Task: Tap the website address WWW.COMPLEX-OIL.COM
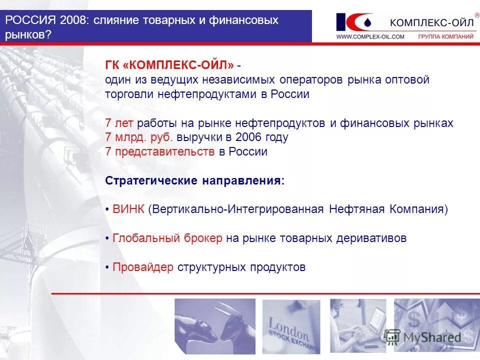(370, 36)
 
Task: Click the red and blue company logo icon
(354, 22)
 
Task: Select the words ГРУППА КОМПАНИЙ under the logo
(445, 36)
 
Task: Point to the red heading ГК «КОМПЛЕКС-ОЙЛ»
(169, 65)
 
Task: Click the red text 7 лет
(119, 123)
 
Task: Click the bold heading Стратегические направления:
(194, 180)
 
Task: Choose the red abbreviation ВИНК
(128, 209)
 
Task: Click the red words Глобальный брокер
(167, 238)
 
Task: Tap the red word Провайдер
(143, 267)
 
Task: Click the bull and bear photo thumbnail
(215, 325)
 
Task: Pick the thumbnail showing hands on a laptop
(358, 325)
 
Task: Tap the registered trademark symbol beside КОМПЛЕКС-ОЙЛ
(476, 15)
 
